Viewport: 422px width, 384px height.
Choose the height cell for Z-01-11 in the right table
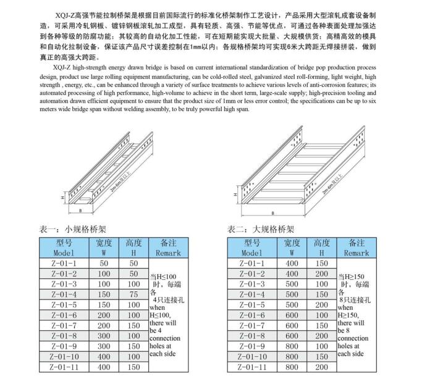321,367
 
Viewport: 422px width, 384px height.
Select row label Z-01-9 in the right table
252,346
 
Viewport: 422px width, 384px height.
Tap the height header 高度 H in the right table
321,248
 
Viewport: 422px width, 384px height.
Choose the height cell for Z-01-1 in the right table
321,263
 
